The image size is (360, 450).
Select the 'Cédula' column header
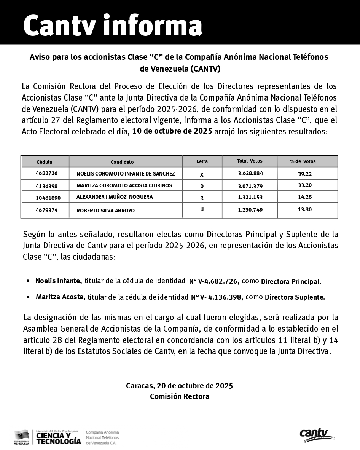point(44,162)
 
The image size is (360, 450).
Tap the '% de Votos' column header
point(303,161)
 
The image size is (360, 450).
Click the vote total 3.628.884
point(250,173)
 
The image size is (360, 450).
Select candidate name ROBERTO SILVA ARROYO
point(105,211)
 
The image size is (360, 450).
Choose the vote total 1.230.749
point(250,210)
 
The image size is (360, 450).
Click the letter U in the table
point(202,209)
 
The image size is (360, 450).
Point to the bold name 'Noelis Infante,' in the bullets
point(59,281)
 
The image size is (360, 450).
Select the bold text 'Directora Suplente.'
point(295,297)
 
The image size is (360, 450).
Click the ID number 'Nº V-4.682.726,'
point(214,281)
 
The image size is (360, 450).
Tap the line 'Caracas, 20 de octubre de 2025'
point(179,386)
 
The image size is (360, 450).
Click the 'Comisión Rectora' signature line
point(179,396)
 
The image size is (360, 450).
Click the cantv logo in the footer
point(316,435)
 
